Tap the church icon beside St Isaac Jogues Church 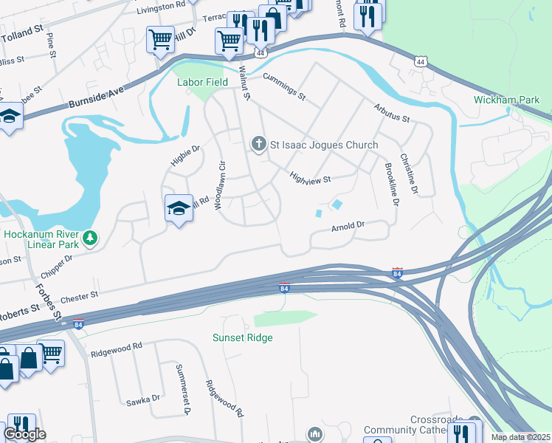258,144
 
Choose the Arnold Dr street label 348,225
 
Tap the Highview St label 310,178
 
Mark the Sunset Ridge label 243,337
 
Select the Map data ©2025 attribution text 520,437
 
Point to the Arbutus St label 390,114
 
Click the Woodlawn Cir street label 219,185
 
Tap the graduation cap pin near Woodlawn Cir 178,210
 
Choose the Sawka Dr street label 143,399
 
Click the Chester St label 79,296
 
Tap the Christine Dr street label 409,174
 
